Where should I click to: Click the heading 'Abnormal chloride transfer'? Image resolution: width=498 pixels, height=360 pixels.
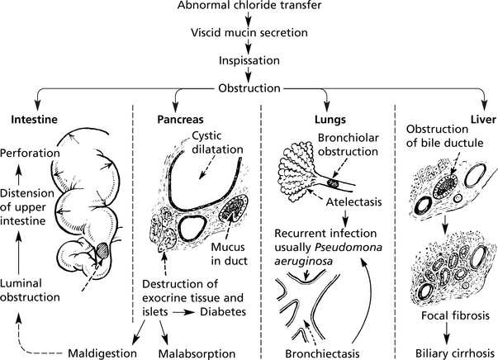pos(249,7)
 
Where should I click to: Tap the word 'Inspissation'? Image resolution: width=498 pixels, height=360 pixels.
pos(249,61)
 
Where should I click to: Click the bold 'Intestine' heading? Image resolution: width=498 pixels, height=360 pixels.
pos(33,119)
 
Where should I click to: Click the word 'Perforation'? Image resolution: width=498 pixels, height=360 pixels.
pos(31,154)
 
